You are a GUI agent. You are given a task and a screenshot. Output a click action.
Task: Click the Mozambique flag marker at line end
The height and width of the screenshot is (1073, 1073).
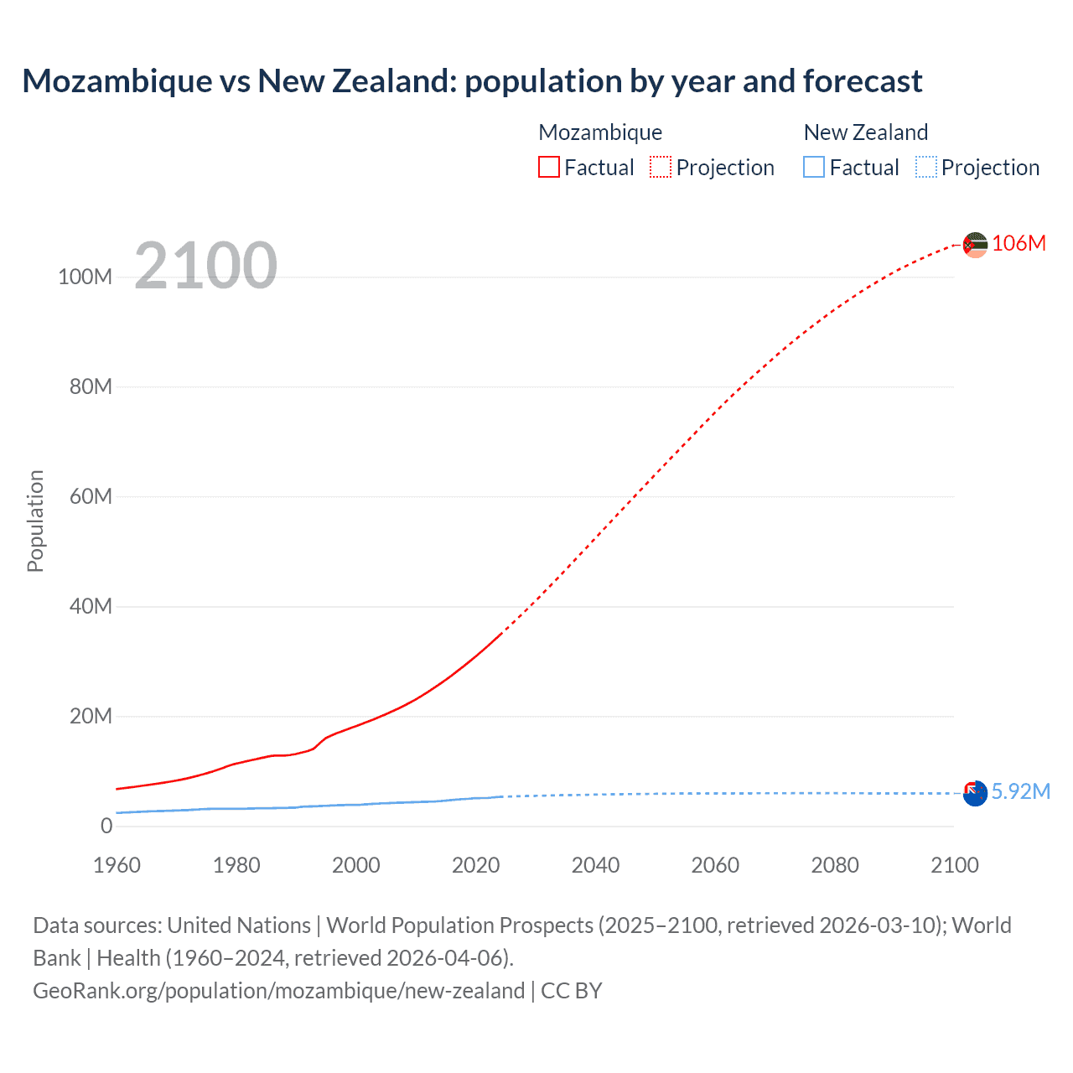pos(975,245)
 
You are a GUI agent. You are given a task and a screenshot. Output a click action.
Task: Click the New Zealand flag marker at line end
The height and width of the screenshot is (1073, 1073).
pos(975,793)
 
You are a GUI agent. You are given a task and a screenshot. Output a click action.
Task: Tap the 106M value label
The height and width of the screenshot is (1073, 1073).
pos(1019,243)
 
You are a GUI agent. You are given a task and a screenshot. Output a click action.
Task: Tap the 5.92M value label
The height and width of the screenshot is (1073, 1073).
pos(1020,791)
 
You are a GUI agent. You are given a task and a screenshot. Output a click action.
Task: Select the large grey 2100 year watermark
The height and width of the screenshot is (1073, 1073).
pos(205,266)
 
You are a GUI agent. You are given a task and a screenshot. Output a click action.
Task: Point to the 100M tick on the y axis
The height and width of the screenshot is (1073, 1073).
pos(85,277)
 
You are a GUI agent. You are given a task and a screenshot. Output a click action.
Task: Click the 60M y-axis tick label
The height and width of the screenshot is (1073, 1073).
pos(91,496)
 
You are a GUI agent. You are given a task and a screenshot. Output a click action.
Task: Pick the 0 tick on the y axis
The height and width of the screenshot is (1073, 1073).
pos(106,826)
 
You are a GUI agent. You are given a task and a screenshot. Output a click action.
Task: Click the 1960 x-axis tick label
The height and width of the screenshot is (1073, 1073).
pos(117,865)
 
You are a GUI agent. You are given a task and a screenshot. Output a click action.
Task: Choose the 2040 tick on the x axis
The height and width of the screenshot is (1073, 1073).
pos(595,865)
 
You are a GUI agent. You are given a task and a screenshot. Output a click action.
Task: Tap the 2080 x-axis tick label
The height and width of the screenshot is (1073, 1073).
pos(835,865)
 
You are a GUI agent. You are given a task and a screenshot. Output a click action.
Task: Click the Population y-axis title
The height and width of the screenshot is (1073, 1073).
pos(35,521)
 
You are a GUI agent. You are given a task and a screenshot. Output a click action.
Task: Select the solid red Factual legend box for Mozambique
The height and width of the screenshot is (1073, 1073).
pos(549,167)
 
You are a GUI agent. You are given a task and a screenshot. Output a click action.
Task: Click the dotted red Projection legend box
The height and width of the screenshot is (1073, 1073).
pos(661,167)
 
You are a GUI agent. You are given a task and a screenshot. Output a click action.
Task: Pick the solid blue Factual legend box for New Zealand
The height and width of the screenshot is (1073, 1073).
pos(814,167)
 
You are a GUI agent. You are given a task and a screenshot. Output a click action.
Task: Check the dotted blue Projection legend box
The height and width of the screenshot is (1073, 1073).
pos(926,167)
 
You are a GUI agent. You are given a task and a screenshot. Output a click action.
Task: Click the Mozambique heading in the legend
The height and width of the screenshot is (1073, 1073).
pos(600,132)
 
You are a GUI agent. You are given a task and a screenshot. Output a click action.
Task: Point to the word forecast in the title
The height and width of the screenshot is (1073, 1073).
pos(862,81)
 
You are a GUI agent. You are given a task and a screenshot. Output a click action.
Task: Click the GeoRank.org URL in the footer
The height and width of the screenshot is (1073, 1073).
pos(278,991)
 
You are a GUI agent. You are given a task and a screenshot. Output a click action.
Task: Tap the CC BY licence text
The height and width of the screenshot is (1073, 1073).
pos(572,991)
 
